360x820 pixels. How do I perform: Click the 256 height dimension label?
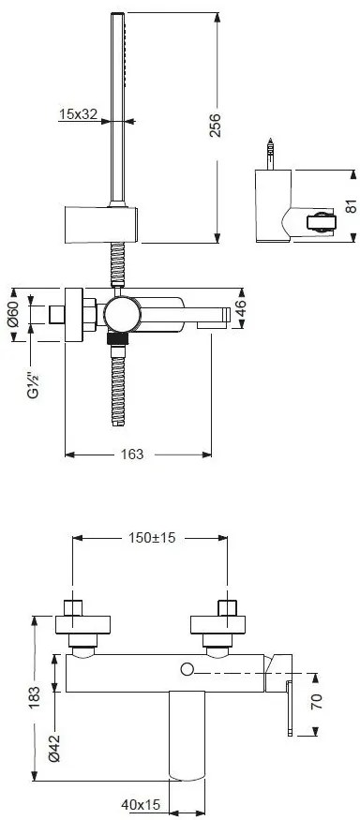click(x=215, y=125)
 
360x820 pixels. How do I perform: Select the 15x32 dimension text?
click(x=79, y=114)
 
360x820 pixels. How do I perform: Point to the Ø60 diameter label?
click(x=14, y=314)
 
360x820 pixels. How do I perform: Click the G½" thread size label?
click(x=33, y=383)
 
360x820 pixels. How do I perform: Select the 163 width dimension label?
click(x=132, y=455)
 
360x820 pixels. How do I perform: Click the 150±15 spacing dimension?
click(x=152, y=537)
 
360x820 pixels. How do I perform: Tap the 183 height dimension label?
click(x=34, y=696)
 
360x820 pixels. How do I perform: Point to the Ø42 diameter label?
click(x=54, y=748)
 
